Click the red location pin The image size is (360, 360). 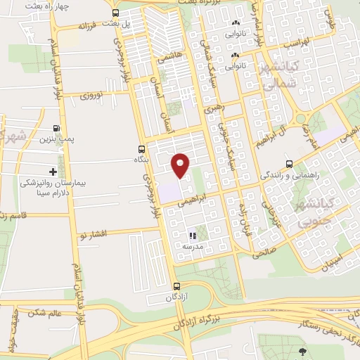point(181,165)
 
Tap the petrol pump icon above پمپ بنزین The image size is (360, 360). point(56,129)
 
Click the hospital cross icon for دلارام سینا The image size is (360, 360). point(53,172)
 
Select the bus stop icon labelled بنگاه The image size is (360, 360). point(142,149)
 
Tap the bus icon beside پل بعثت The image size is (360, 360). point(115,13)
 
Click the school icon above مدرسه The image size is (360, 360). point(193,236)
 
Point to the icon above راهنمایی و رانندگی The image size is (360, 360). point(289,163)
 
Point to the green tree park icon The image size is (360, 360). point(303,352)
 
